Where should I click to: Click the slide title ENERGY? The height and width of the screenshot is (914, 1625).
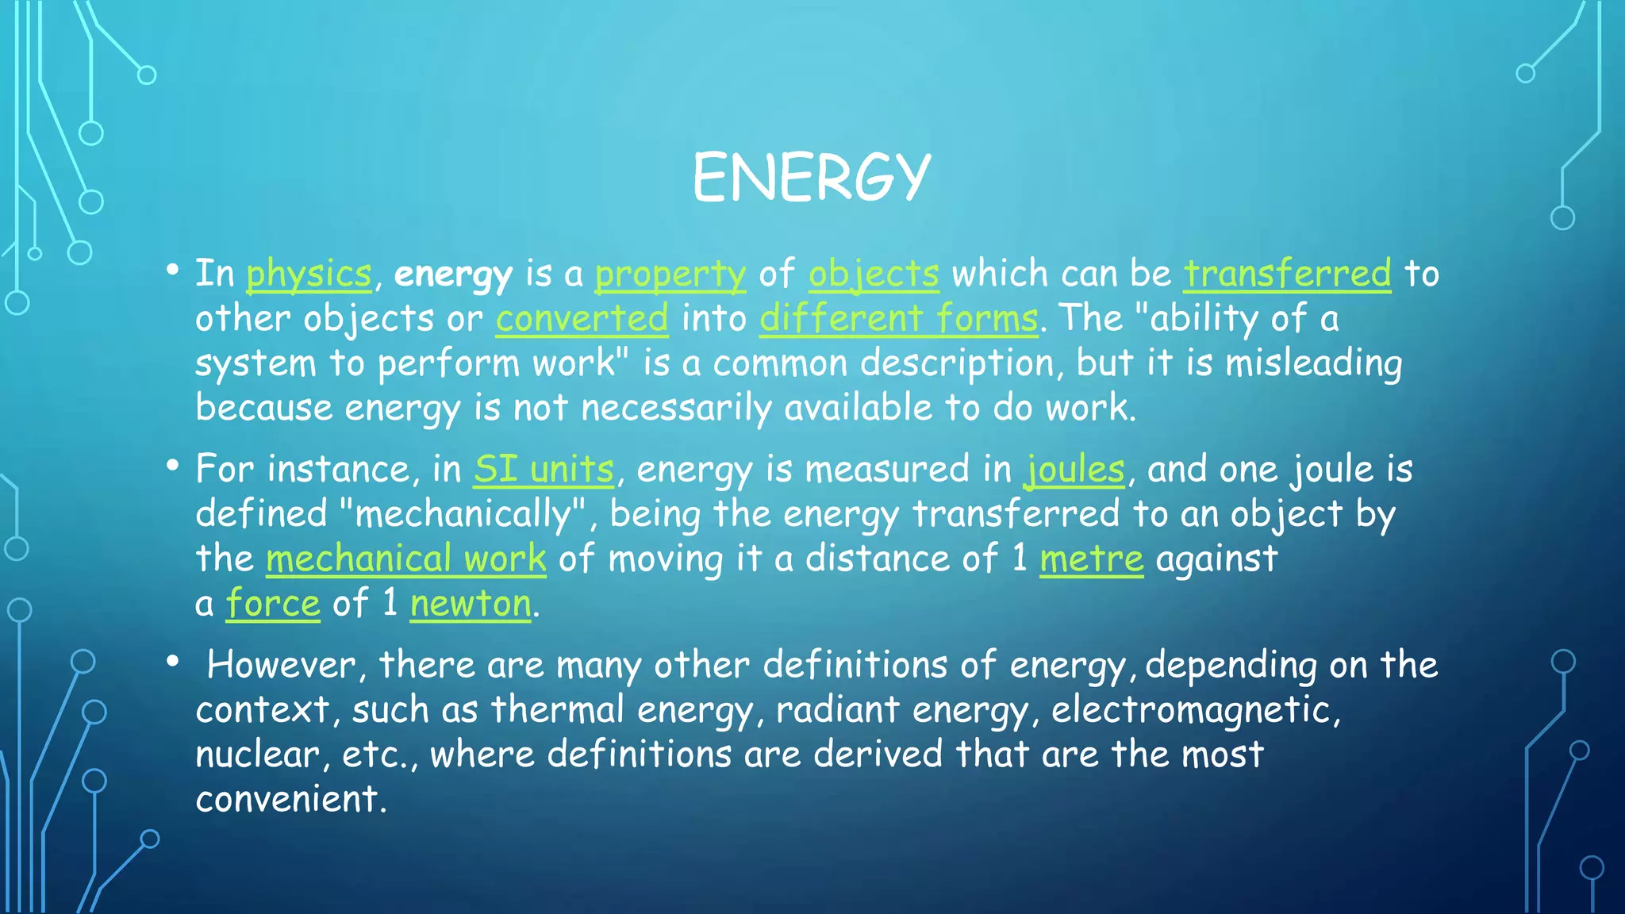(x=811, y=177)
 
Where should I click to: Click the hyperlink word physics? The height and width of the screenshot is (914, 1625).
(x=309, y=275)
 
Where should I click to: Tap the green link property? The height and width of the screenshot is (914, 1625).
(x=670, y=275)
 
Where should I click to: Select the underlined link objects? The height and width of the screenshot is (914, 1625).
(x=874, y=275)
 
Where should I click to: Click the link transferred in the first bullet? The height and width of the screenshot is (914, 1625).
(x=1287, y=275)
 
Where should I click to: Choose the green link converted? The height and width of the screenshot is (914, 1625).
(x=582, y=319)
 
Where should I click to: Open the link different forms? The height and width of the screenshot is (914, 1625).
(x=898, y=319)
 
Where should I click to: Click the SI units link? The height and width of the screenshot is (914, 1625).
(x=544, y=470)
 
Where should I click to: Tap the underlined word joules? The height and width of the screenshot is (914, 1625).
(x=1075, y=470)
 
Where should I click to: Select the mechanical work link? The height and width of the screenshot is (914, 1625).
(x=405, y=559)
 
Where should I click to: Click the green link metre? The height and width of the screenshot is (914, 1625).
(x=1091, y=559)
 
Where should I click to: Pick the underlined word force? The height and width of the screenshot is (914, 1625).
(x=273, y=604)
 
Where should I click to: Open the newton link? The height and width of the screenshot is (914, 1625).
(x=471, y=604)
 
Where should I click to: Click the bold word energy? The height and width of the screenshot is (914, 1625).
(x=453, y=275)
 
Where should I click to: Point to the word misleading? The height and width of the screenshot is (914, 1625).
(x=1313, y=363)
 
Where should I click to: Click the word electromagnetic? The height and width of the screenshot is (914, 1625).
(x=1195, y=709)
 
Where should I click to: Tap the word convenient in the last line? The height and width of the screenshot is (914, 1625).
(x=290, y=799)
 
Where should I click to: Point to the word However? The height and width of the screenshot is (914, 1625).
(x=281, y=665)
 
